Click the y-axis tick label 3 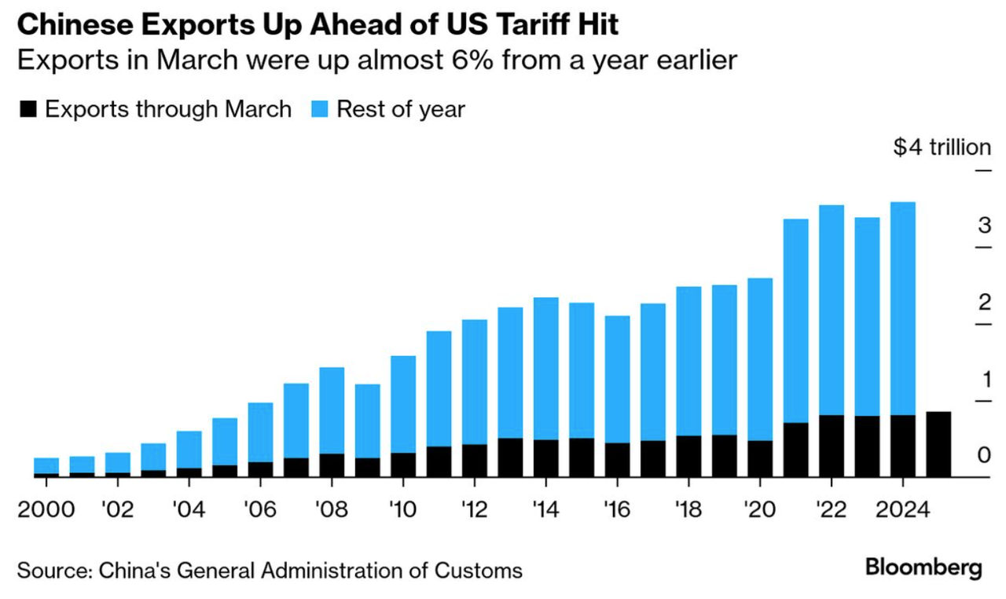983,226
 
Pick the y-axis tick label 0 983,456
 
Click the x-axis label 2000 46,510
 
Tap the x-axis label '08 332,510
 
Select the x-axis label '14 545,510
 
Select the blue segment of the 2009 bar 367,421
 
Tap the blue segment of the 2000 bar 46,465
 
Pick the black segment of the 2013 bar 510,457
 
